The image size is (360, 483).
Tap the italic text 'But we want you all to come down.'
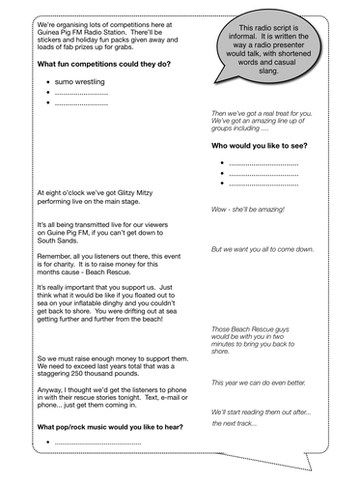tap(262, 249)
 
